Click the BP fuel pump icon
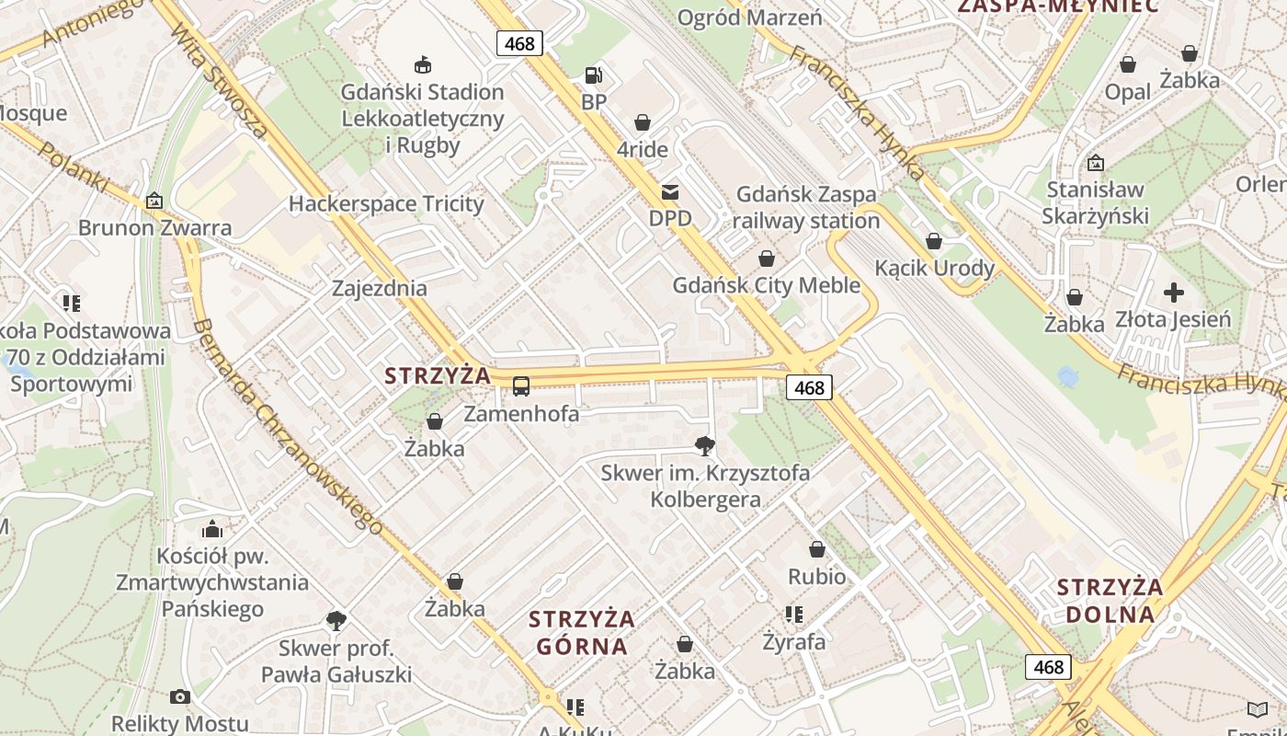tap(594, 75)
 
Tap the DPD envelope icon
tap(670, 192)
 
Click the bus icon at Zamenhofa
tap(521, 386)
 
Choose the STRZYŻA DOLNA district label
tap(1110, 601)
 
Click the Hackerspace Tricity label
tap(386, 203)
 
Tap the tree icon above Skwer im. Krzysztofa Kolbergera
tap(705, 446)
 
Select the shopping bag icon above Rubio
tap(816, 549)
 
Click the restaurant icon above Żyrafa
tap(793, 614)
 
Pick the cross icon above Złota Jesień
tap(1173, 293)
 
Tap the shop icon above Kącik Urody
tap(934, 241)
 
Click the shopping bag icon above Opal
tap(1127, 64)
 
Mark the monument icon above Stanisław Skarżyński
tap(1095, 163)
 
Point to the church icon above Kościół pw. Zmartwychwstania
tap(212, 529)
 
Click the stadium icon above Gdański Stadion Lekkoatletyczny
tap(423, 64)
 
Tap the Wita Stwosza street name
tap(219, 81)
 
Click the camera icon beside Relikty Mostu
tap(180, 696)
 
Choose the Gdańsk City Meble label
tap(766, 285)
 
